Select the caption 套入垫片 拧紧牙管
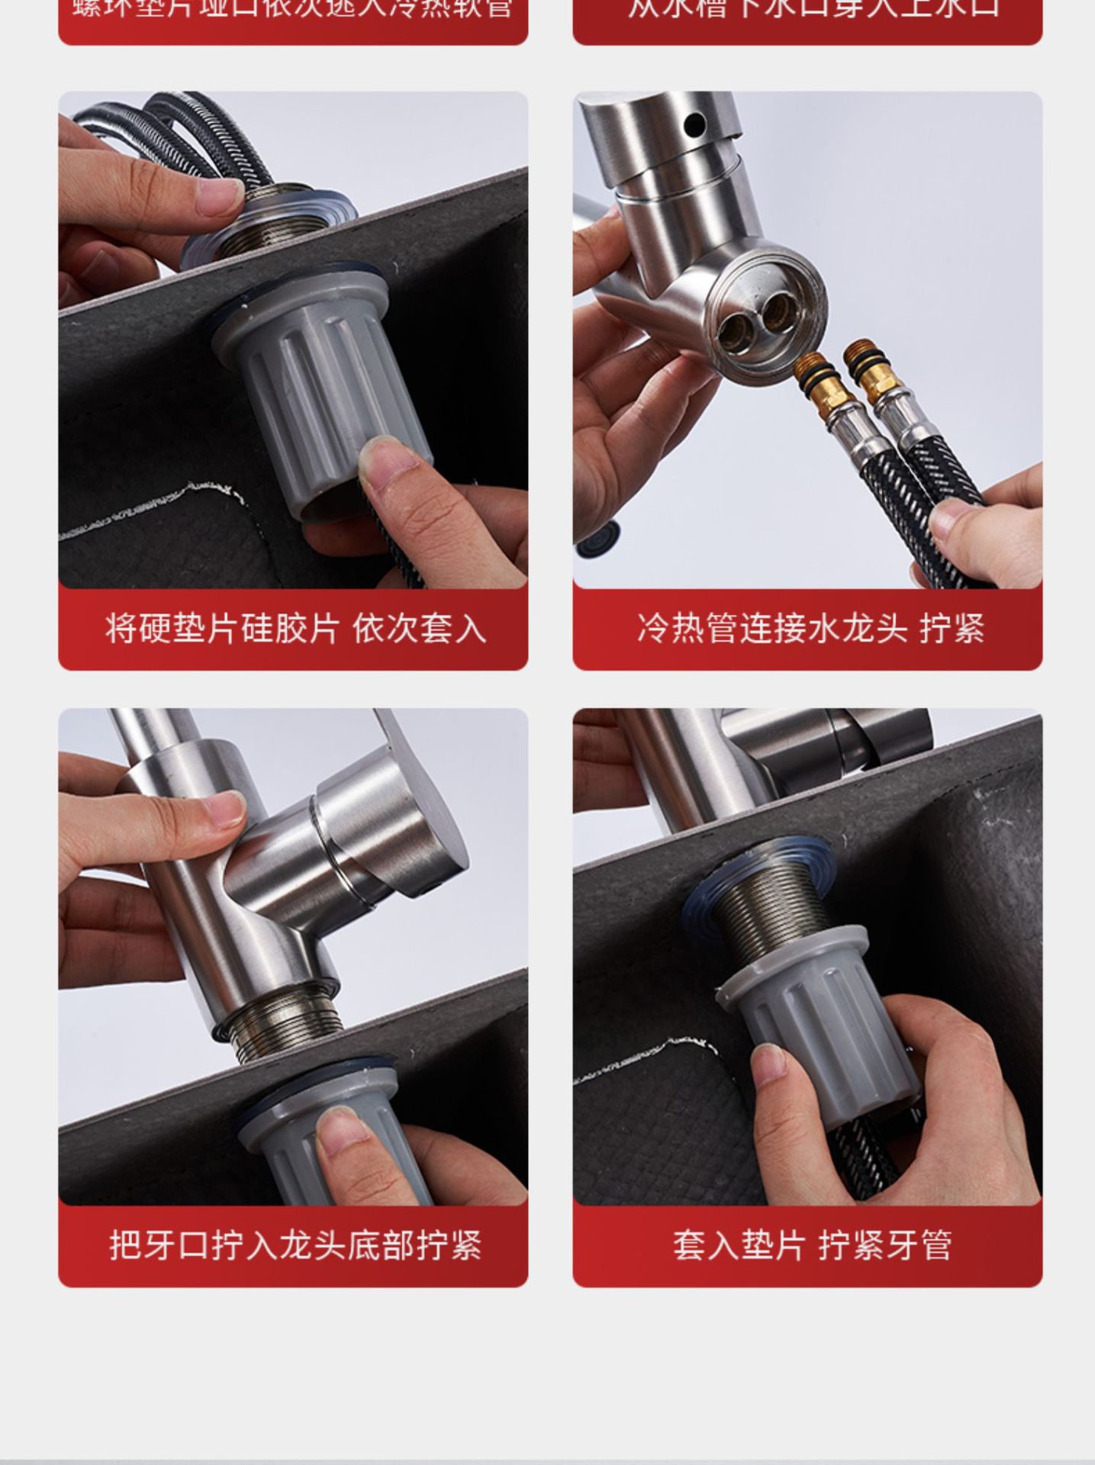811,1246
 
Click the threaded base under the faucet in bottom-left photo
282,1019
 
